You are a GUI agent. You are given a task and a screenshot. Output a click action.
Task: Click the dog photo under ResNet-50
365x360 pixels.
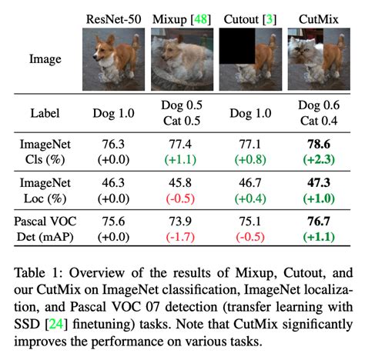pos(115,57)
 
